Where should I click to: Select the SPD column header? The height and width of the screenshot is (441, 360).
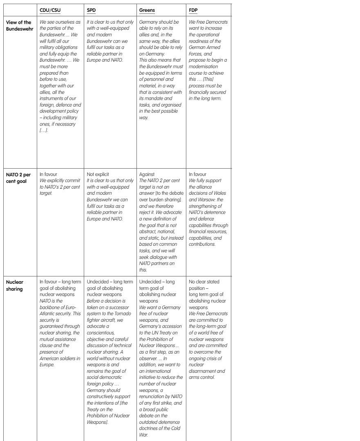point(92,9)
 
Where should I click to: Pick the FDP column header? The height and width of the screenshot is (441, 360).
point(193,9)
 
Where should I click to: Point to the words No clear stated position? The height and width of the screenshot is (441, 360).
point(207,284)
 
